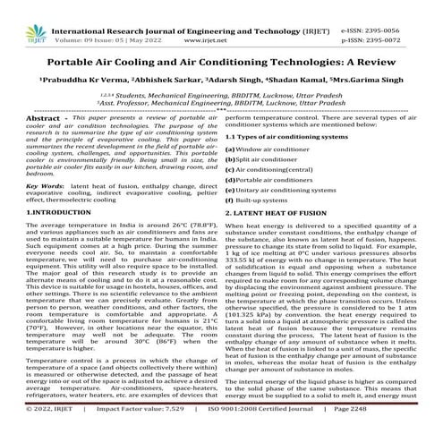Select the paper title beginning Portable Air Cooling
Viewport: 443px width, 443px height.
click(221, 52)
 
